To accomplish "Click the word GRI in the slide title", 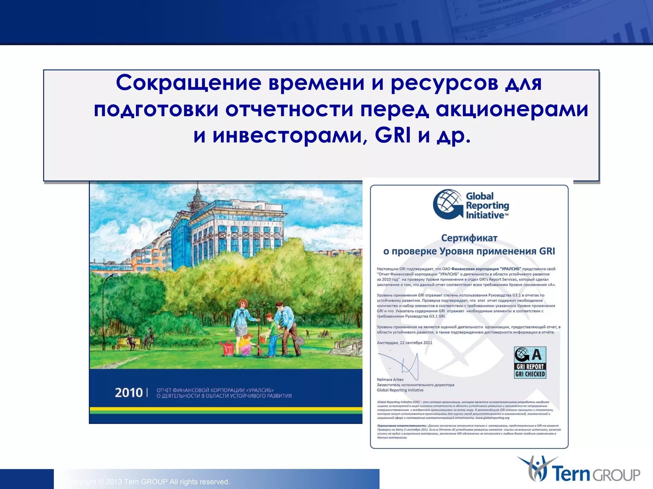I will [x=393, y=135].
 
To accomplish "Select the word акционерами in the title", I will [x=512, y=109].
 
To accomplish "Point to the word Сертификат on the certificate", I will [x=469, y=238].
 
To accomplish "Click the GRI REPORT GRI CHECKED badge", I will [x=530, y=363].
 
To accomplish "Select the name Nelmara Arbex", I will [x=390, y=379].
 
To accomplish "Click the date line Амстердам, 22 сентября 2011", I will [x=404, y=343].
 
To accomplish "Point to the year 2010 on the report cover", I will [x=128, y=393].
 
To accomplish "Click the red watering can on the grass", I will [x=228, y=348].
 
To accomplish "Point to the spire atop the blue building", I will [x=198, y=191].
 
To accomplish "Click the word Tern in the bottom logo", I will [x=572, y=474].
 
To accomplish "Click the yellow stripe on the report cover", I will [x=226, y=409].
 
